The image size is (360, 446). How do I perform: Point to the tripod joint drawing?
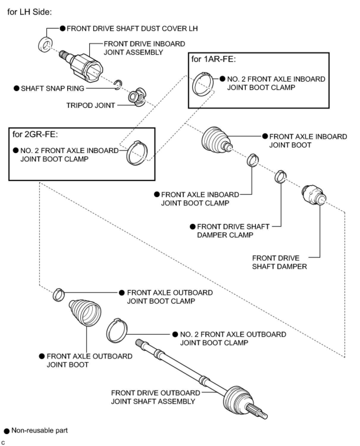[x=137, y=97]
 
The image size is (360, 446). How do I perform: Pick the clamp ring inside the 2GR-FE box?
[x=137, y=152]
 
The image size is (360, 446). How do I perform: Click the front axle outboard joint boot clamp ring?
[x=59, y=294]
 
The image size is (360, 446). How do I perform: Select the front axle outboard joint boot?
[x=86, y=313]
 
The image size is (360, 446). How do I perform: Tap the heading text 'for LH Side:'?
[x=29, y=12]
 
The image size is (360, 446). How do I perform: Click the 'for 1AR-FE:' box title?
[x=213, y=59]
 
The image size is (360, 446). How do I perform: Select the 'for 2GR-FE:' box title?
[x=35, y=134]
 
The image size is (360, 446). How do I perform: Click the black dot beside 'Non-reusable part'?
[x=7, y=431]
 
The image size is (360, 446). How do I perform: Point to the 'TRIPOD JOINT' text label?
[x=90, y=105]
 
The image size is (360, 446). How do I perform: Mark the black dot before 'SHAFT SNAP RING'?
[x=17, y=88]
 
